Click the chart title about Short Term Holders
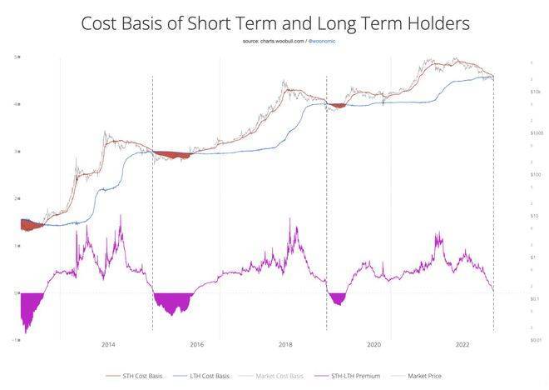[x=274, y=22]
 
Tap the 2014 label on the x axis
[x=107, y=344]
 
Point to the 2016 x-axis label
[x=196, y=344]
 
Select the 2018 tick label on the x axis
[x=285, y=344]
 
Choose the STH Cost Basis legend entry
[x=139, y=376]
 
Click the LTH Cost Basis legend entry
[x=205, y=376]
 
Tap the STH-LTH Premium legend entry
[x=349, y=376]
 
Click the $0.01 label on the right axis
[x=537, y=340]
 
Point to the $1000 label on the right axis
[x=537, y=132]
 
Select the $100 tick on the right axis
[x=537, y=174]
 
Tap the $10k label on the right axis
[x=537, y=91]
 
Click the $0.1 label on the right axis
[x=537, y=298]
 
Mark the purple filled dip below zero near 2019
[x=337, y=298]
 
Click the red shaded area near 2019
[x=337, y=105]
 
